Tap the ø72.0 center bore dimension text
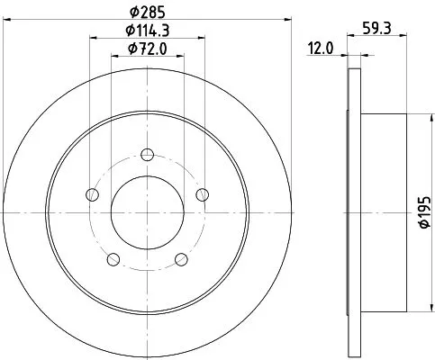[147, 49]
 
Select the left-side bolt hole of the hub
[91, 193]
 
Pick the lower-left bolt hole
[113, 259]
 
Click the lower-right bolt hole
[182, 259]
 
